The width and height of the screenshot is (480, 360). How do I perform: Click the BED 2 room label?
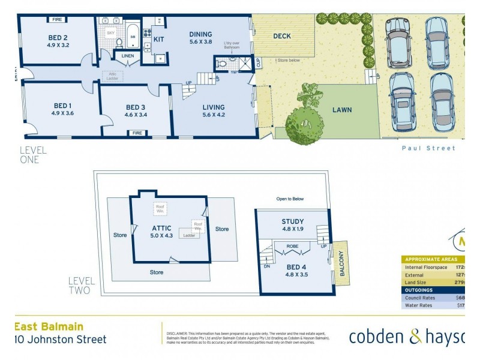point(59,40)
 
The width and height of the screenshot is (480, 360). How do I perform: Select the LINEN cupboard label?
point(127,56)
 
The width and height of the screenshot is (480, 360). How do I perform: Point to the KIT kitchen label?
point(159,39)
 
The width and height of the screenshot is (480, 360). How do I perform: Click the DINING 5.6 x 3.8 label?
point(201,38)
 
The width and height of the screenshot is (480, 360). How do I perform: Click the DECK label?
point(282,36)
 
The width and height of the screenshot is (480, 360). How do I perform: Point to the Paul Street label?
point(428,148)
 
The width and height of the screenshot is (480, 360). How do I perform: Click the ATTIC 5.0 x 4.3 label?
point(162,232)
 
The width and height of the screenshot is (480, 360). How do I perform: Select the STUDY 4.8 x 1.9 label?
point(293,225)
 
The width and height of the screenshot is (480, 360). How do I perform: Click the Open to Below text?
point(290,199)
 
